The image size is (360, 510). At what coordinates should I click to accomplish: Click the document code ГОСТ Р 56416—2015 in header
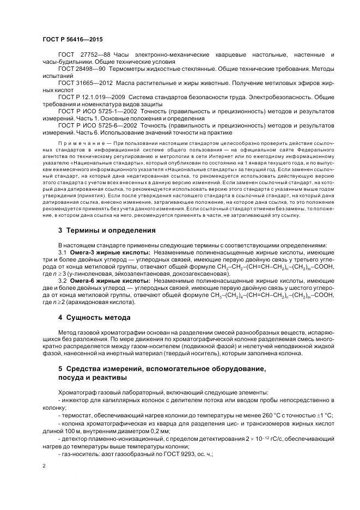point(72,40)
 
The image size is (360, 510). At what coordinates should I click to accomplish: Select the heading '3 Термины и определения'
point(107,230)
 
